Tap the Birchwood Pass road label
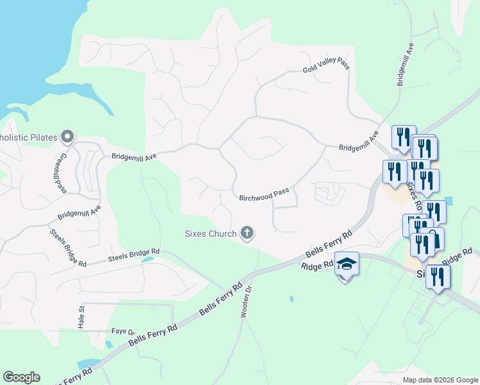click(x=264, y=195)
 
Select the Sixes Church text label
click(x=210, y=234)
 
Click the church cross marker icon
click(x=247, y=234)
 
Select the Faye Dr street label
click(x=122, y=332)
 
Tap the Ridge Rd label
click(x=318, y=264)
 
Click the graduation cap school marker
click(x=347, y=264)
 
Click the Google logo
click(x=21, y=377)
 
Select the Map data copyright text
click(x=440, y=380)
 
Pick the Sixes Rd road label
click(x=412, y=196)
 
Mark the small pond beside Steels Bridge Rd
click(x=147, y=260)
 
